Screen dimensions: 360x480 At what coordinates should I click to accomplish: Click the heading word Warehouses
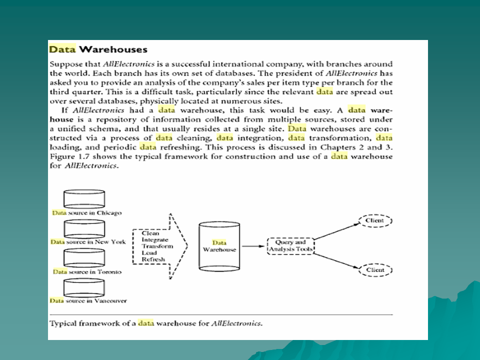[113, 49]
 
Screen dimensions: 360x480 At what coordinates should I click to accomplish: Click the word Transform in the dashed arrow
[157, 246]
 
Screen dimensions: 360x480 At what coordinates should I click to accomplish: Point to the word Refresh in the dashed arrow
[153, 259]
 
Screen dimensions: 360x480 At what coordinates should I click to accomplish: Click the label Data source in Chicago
[86, 212]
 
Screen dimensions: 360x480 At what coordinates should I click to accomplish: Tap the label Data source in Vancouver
[88, 300]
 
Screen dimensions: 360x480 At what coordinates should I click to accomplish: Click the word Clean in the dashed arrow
[150, 233]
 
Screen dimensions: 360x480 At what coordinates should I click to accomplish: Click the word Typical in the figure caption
[63, 323]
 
